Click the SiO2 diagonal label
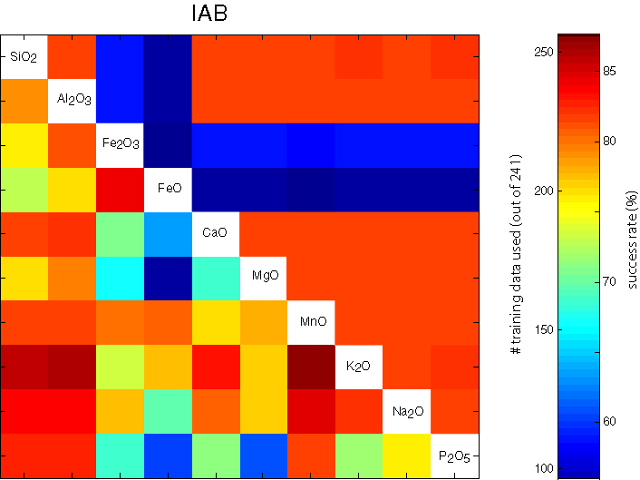click(x=24, y=57)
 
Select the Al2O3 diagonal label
click(x=72, y=101)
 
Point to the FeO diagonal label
click(x=168, y=189)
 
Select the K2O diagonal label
click(x=359, y=367)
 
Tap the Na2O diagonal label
click(x=406, y=411)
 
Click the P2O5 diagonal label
click(x=454, y=456)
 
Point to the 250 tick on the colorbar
click(x=531, y=53)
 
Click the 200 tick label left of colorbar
click(x=531, y=191)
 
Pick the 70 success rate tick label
click(x=609, y=281)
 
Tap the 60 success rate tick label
click(x=609, y=421)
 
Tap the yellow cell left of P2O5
click(x=406, y=456)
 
